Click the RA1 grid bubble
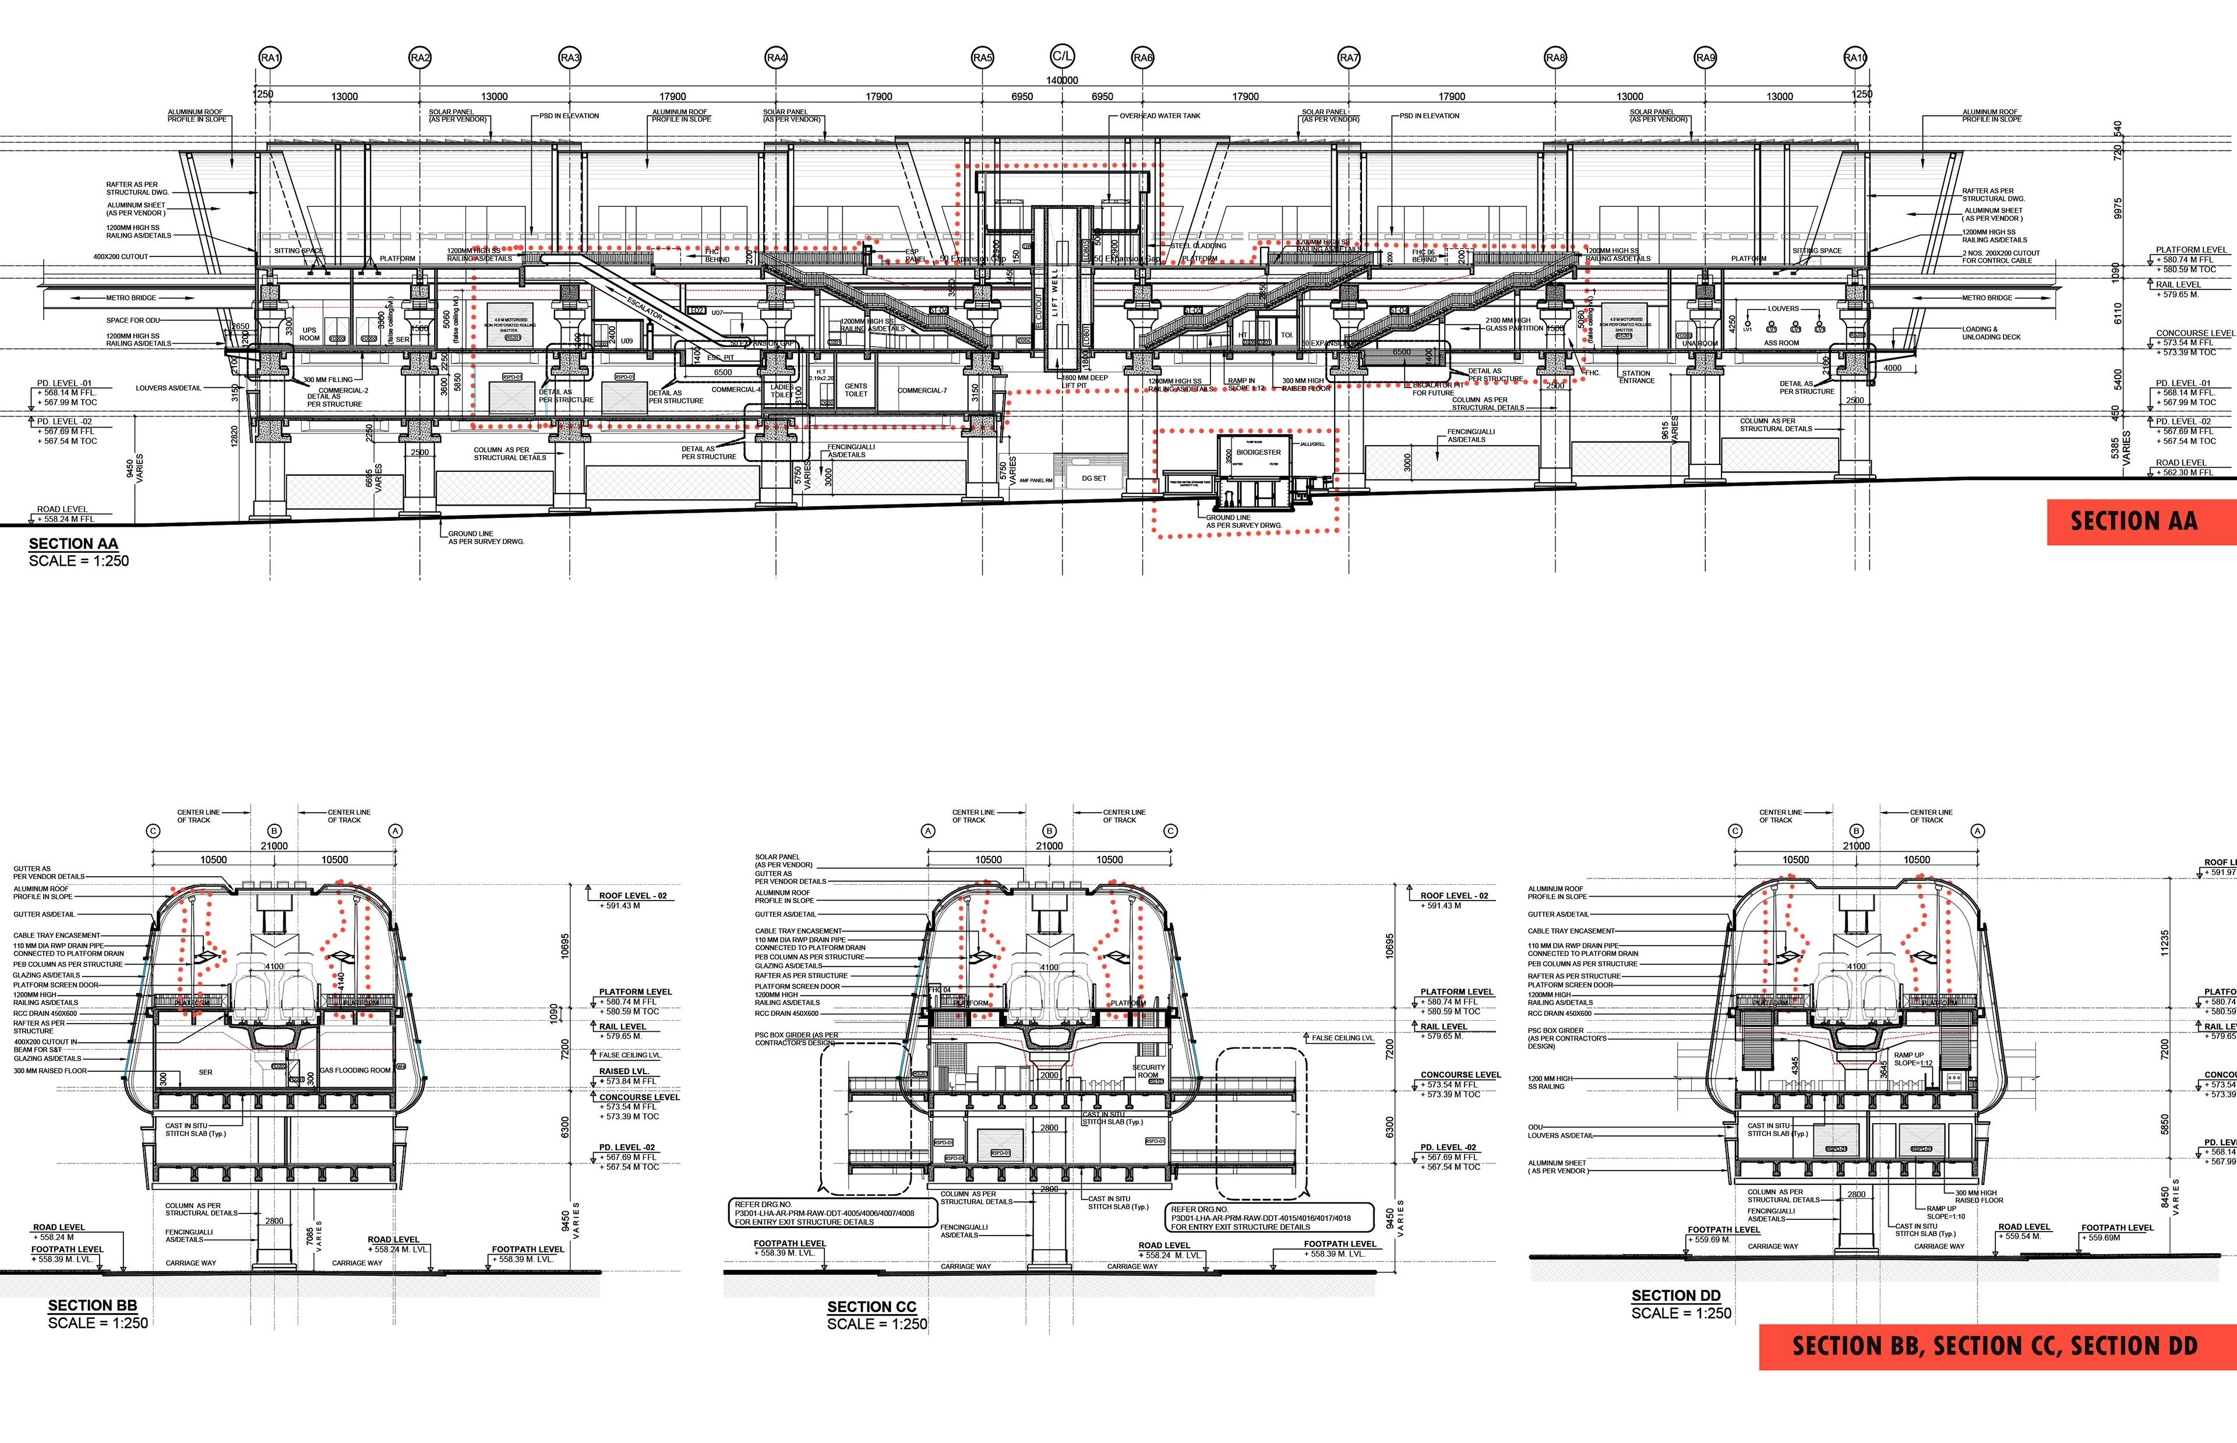pyautogui.click(x=270, y=58)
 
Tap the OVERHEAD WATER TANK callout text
pyautogui.click(x=1160, y=116)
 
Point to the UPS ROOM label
pyautogui.click(x=309, y=334)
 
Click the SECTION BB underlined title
pyautogui.click(x=93, y=1306)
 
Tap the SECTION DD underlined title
pyautogui.click(x=1676, y=1296)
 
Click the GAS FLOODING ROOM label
pyautogui.click(x=355, y=1070)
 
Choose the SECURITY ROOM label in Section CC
pyautogui.click(x=1148, y=1071)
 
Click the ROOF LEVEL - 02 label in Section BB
pyautogui.click(x=633, y=896)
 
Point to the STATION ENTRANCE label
pyautogui.click(x=1636, y=377)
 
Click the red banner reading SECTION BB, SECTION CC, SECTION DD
pyautogui.click(x=1995, y=1346)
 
